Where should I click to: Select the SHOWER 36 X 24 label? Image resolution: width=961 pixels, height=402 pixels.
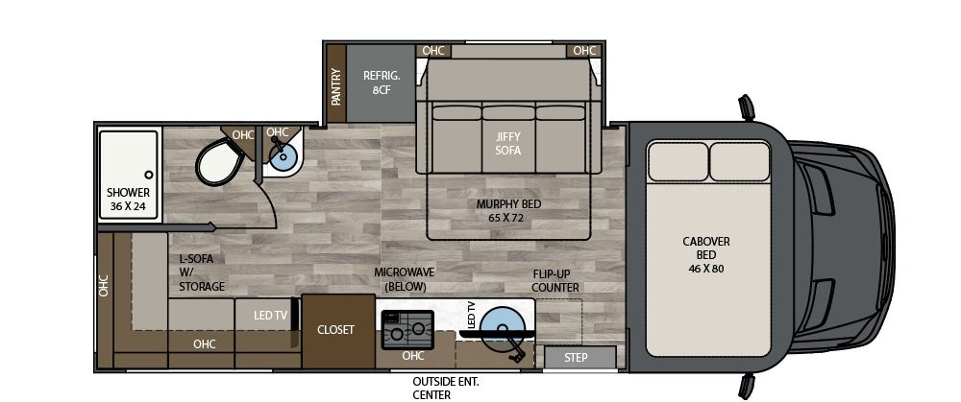(128, 199)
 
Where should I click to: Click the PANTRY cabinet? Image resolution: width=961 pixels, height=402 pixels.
(335, 84)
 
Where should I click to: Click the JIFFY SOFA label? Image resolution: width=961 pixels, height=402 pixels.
(507, 144)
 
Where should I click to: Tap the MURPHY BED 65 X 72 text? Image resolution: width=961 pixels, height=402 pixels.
(505, 211)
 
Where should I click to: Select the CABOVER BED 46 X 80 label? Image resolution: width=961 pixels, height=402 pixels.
(706, 255)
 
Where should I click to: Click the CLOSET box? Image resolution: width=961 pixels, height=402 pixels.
(336, 330)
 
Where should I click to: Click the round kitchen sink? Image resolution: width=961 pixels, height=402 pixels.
(500, 323)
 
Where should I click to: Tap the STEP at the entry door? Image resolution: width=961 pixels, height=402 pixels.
(576, 358)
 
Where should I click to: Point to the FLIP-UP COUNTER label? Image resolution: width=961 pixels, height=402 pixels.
(556, 280)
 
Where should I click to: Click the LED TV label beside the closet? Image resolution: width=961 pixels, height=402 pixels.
(270, 315)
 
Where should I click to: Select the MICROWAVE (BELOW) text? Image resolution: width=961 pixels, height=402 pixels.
(405, 279)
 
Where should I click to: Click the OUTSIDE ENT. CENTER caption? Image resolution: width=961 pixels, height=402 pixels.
(432, 387)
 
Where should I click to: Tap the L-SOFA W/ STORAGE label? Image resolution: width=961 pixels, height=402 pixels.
(202, 272)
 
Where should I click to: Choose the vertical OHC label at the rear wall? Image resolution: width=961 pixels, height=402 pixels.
(104, 285)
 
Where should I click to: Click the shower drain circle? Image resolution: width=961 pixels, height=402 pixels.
(149, 175)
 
